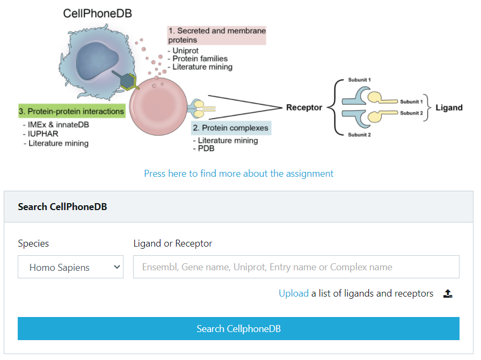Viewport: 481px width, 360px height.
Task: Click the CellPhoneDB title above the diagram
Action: pos(97,13)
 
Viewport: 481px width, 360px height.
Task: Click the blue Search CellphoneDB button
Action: pos(238,328)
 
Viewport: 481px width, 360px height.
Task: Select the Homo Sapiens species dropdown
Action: pos(70,267)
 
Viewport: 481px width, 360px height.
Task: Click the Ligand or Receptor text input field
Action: pos(296,267)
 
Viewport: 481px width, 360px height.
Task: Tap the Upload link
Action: pos(294,293)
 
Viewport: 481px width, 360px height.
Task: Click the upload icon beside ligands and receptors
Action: pos(448,294)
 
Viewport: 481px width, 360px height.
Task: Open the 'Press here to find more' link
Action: pos(239,174)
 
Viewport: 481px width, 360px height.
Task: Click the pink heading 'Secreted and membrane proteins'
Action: pos(216,35)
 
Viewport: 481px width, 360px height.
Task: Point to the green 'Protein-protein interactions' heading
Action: pos(72,111)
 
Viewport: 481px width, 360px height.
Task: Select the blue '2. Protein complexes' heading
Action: pos(231,128)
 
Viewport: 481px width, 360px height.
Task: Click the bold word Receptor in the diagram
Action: pos(304,107)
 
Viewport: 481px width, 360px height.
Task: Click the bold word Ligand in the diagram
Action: pos(449,107)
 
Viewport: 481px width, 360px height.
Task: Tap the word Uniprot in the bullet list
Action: pos(185,51)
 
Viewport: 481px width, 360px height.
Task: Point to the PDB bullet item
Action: pos(206,148)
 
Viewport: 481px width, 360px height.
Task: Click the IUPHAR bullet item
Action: pos(43,134)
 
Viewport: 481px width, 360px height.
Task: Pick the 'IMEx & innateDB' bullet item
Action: pos(59,125)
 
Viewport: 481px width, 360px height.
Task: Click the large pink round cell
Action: pos(158,106)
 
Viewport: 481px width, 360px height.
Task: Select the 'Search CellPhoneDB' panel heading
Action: pos(62,207)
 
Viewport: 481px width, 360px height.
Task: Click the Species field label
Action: pos(33,243)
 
